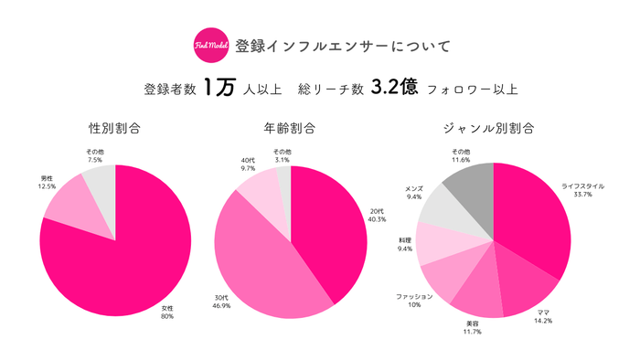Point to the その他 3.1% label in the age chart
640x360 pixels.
click(x=282, y=155)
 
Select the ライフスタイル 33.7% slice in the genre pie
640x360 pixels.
click(x=535, y=219)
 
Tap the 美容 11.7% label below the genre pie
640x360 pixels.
click(x=467, y=327)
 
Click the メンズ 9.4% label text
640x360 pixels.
click(x=414, y=192)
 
